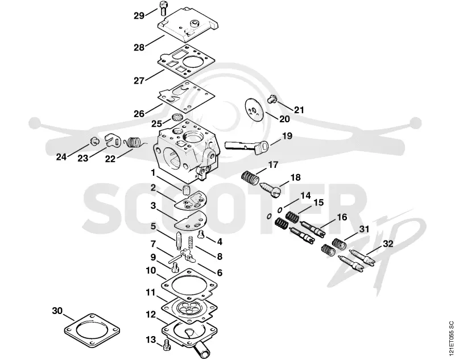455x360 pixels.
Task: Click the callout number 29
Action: point(139,16)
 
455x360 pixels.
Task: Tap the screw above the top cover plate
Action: point(163,8)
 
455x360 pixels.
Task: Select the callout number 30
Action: point(57,311)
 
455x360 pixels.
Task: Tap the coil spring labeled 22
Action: point(133,143)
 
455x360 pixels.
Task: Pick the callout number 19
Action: point(287,136)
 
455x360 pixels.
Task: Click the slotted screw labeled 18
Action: point(270,190)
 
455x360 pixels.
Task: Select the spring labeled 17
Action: point(250,177)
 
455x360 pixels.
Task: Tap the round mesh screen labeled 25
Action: point(177,118)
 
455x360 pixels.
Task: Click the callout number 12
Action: point(151,315)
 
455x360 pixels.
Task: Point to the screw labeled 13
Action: point(167,345)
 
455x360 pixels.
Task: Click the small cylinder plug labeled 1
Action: point(185,191)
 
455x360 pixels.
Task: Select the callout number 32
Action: point(388,243)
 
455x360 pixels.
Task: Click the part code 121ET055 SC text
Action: point(450,338)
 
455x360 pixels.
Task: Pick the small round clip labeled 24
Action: point(94,141)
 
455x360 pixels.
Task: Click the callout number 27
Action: point(139,80)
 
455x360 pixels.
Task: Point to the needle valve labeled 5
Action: point(179,240)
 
